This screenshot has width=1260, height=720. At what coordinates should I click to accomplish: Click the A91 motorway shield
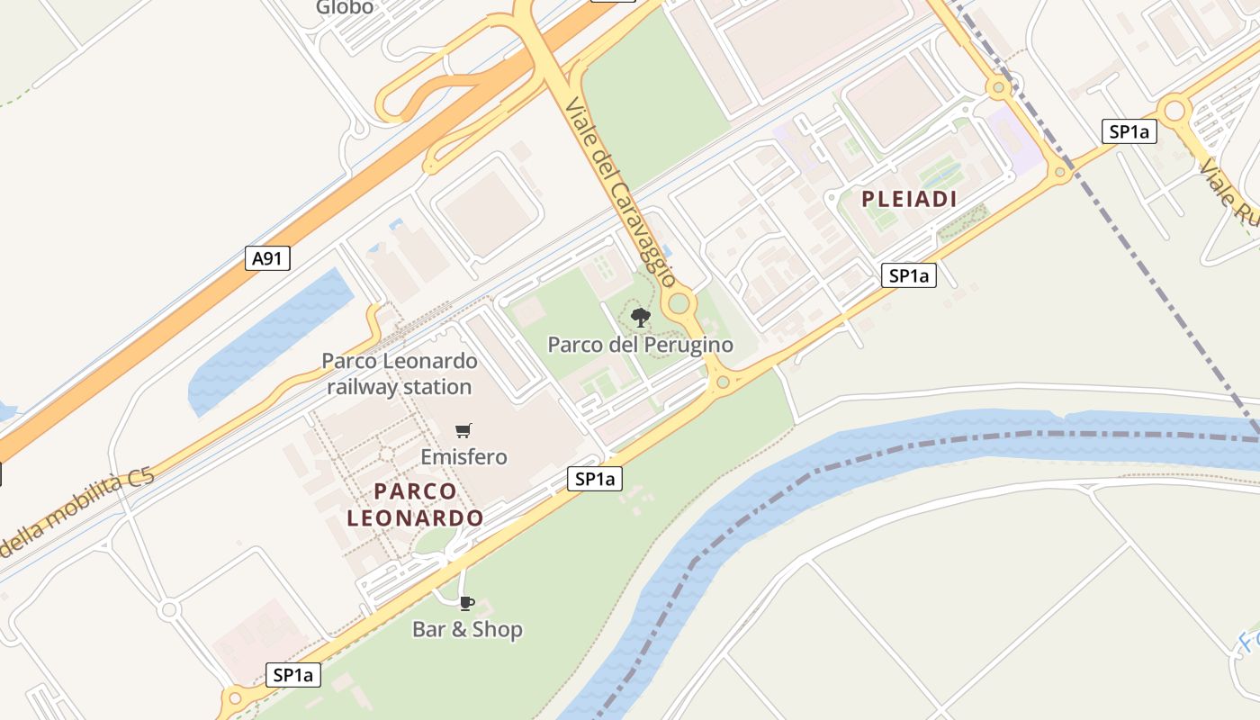click(267, 259)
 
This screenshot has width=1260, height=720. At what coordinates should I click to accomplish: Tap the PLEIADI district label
click(909, 199)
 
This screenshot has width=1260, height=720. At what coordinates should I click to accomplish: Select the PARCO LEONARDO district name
click(415, 505)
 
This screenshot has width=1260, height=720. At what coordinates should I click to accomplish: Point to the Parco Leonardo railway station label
click(399, 374)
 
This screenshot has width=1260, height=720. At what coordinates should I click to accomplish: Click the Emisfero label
click(463, 457)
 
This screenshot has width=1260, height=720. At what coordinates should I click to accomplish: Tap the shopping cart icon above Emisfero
click(463, 431)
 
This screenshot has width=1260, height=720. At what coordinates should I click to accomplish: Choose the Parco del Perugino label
click(640, 345)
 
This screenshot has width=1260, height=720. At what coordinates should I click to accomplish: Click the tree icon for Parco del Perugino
click(640, 317)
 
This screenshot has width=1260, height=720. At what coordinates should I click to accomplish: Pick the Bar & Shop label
click(467, 629)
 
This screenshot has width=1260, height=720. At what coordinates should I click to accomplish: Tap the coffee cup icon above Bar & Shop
click(466, 603)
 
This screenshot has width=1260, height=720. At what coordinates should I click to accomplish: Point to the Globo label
click(344, 8)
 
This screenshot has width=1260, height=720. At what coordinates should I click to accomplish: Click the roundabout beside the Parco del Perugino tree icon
click(679, 303)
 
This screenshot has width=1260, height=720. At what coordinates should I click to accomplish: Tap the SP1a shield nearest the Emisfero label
click(595, 479)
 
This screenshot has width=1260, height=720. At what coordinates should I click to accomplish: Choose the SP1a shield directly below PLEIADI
click(908, 275)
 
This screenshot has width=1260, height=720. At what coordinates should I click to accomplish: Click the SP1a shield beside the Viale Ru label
click(1129, 131)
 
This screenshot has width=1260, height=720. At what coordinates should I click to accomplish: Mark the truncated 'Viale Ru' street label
click(1228, 193)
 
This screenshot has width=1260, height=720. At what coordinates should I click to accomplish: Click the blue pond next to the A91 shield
click(270, 342)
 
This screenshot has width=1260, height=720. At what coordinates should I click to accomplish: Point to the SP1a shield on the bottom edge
click(293, 675)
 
